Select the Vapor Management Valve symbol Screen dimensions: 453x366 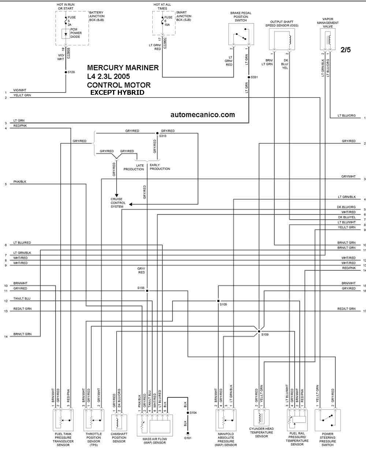[x=328, y=39]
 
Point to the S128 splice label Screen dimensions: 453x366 [x=71, y=72]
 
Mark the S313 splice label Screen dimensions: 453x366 [x=163, y=136]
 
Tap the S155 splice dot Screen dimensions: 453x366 [x=147, y=291]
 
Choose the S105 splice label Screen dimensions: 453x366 [x=223, y=304]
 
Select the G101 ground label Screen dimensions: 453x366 [x=188, y=438]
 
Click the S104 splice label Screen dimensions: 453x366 [x=194, y=412]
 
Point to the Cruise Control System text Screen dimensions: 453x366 [x=118, y=203]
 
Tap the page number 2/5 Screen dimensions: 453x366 [x=346, y=50]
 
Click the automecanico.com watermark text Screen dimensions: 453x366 [x=202, y=115]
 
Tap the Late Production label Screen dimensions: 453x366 [x=134, y=167]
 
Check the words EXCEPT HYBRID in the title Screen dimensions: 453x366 [x=117, y=93]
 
